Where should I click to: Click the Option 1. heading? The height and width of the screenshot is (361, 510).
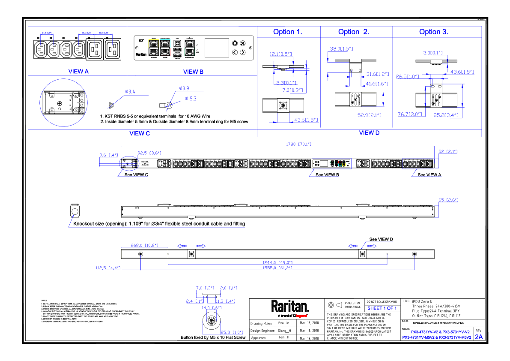pyautogui.click(x=288, y=32)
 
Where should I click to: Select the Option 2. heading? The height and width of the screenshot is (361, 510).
pyautogui.click(x=354, y=32)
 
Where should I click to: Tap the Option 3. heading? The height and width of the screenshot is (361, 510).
pyautogui.click(x=434, y=32)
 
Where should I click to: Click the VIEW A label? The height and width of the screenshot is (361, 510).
pyautogui.click(x=78, y=72)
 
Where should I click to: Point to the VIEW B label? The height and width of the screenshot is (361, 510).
pyautogui.click(x=193, y=72)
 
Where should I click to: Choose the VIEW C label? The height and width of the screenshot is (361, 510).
pyautogui.click(x=140, y=133)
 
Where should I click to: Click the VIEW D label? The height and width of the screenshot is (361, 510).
pyautogui.click(x=369, y=133)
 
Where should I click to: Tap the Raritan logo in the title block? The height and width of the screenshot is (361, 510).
pyautogui.click(x=290, y=307)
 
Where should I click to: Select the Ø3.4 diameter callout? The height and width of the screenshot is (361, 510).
pyautogui.click(x=130, y=92)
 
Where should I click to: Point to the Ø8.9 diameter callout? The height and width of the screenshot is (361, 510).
pyautogui.click(x=184, y=88)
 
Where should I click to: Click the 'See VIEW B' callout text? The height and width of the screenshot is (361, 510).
pyautogui.click(x=327, y=175)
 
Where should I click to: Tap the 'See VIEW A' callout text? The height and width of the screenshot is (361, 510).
pyautogui.click(x=429, y=175)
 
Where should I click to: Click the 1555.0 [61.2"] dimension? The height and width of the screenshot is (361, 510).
pyautogui.click(x=278, y=268)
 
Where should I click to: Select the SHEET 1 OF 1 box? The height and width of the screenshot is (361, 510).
pyautogui.click(x=382, y=308)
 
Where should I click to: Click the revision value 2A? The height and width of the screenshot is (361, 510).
pyautogui.click(x=479, y=337)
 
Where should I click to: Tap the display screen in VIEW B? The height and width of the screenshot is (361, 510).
pyautogui.click(x=216, y=48)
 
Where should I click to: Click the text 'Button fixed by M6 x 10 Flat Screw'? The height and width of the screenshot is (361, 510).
pyautogui.click(x=214, y=338)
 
